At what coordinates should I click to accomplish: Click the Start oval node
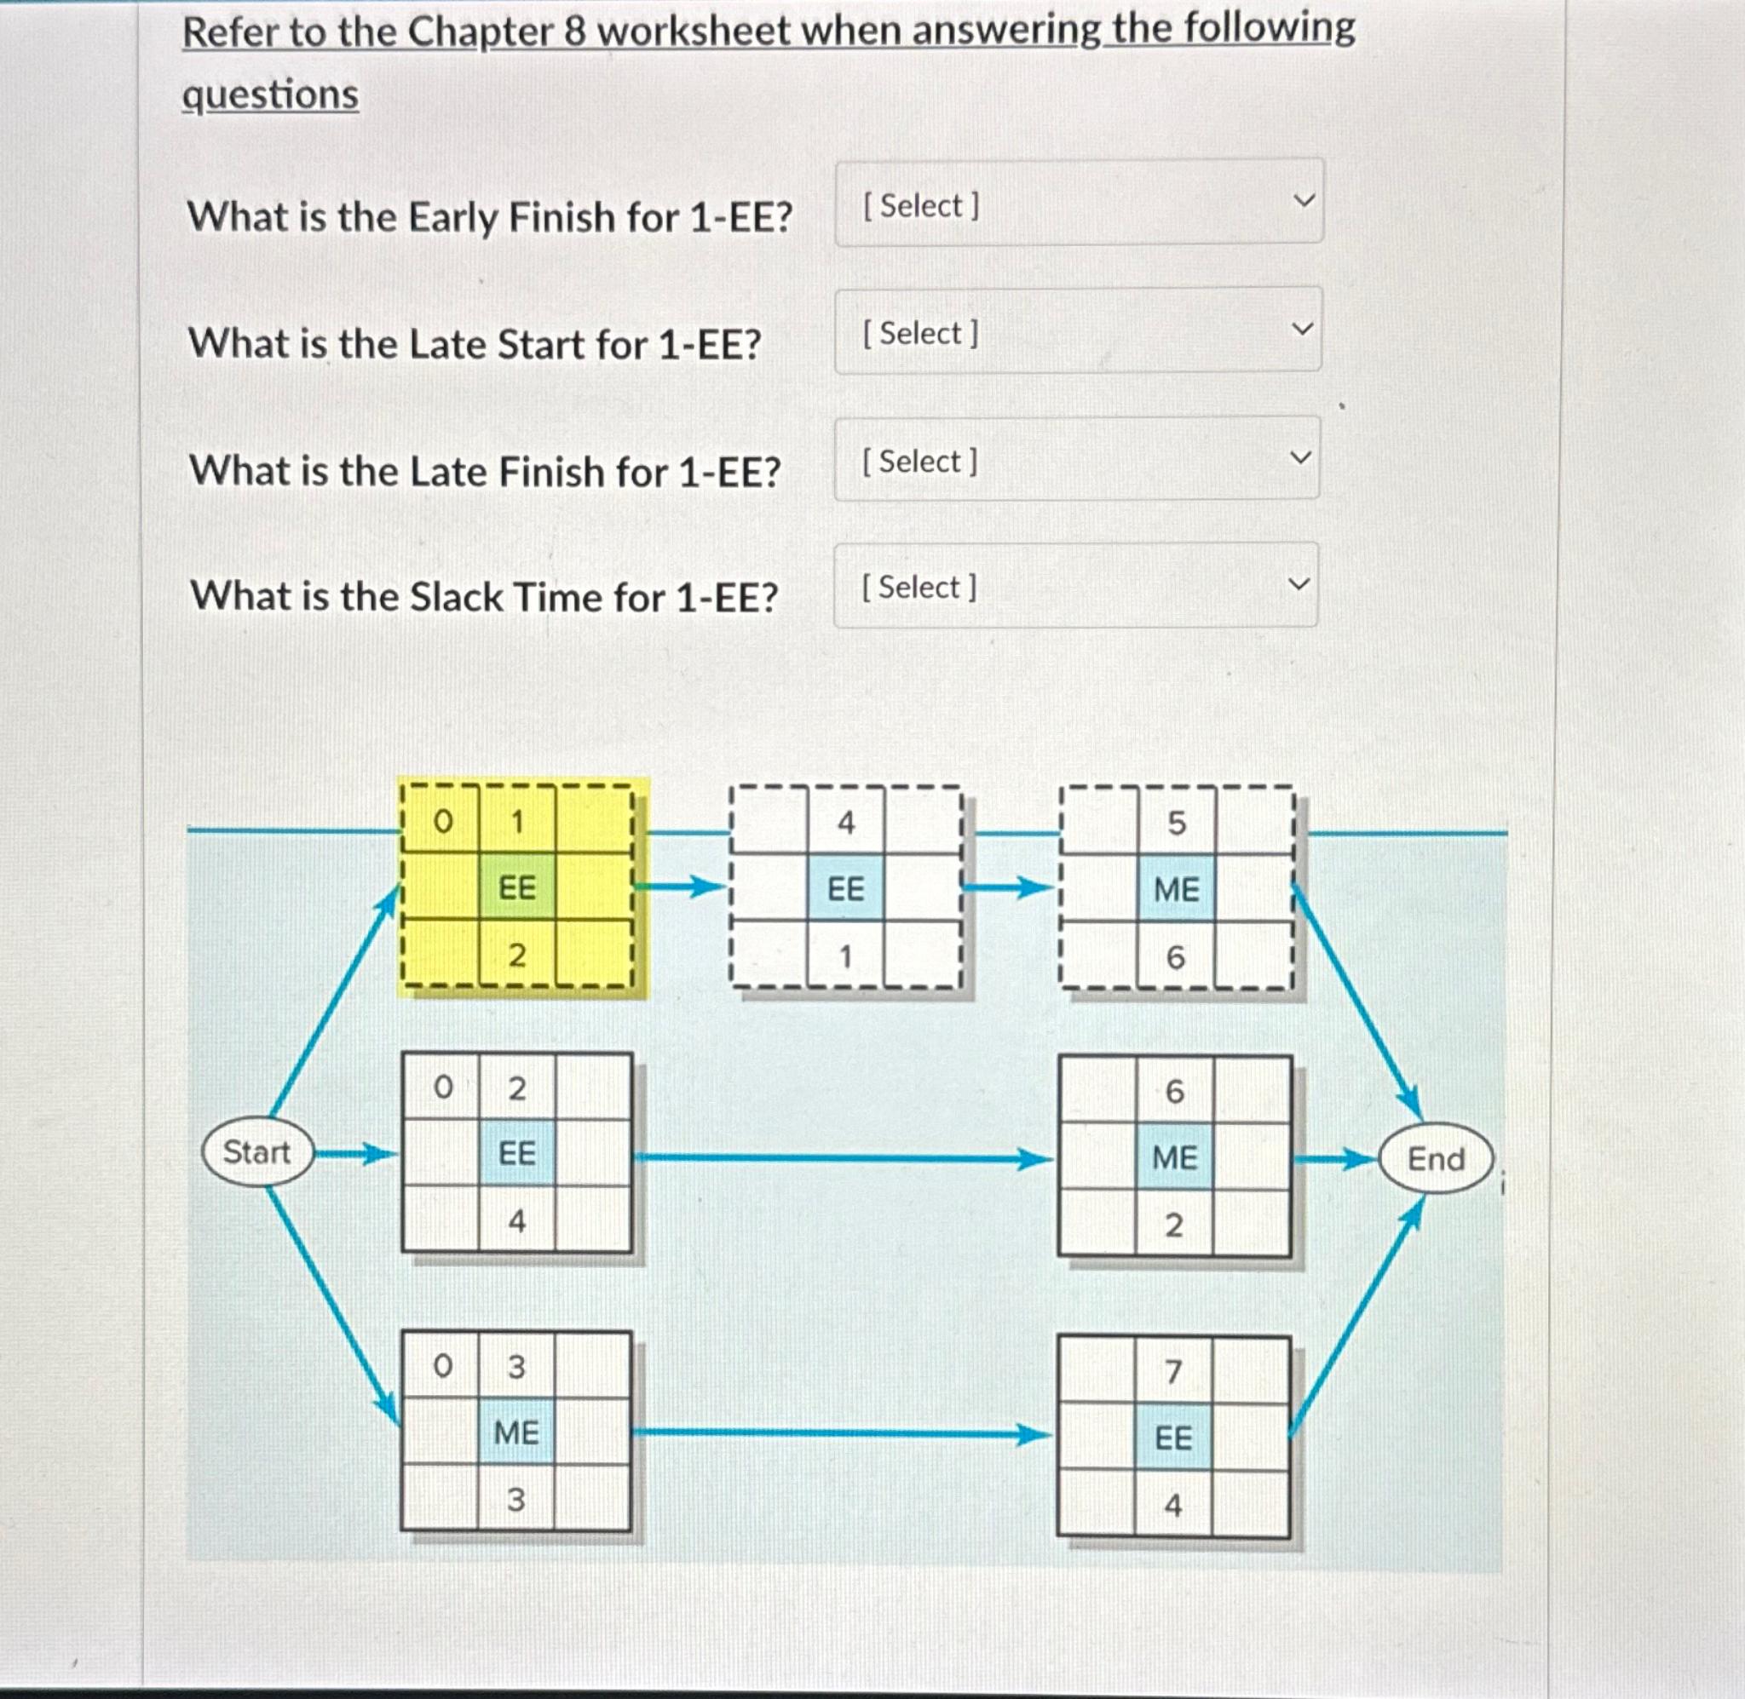coord(257,1152)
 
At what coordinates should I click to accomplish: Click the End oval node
coord(1435,1159)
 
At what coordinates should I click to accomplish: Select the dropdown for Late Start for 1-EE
coord(1077,330)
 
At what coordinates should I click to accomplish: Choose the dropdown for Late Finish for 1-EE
coord(1076,459)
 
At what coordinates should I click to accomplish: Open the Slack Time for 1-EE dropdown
coord(1075,585)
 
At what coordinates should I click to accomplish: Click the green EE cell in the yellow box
coord(517,888)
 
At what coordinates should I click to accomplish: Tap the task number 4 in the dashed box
coord(845,822)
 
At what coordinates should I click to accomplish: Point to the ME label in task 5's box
coord(1177,890)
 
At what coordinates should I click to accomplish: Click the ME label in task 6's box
coord(1175,1157)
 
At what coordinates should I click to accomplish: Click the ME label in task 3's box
coord(515,1432)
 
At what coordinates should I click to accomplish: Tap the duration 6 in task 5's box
coord(1176,957)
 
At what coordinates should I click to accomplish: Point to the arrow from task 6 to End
coord(1334,1160)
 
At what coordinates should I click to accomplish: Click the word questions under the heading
coord(270,95)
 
